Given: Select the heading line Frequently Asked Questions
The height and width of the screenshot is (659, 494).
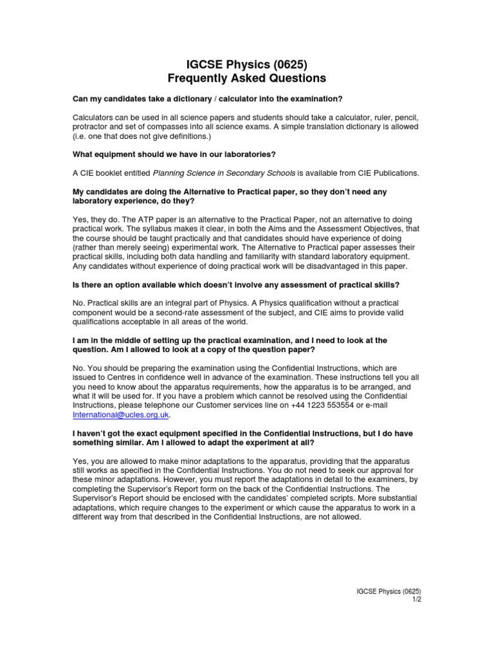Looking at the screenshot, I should pyautogui.click(x=247, y=78).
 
